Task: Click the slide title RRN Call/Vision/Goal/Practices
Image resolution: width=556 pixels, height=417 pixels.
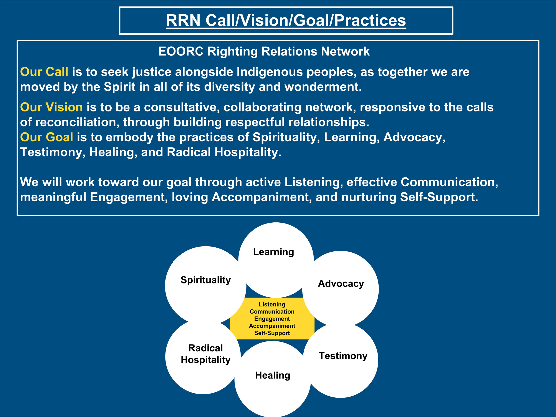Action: point(286,20)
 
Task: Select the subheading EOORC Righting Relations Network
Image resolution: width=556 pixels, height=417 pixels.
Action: point(264,51)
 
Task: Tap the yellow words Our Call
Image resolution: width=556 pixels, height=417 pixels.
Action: point(44,72)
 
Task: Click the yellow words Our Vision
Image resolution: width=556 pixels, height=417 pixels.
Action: point(51,107)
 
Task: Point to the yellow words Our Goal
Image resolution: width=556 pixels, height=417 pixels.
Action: point(46,137)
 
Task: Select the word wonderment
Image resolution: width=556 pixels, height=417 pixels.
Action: point(323,87)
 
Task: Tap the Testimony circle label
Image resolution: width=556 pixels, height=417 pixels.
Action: point(343,356)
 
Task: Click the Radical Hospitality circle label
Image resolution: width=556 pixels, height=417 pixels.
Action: point(206,354)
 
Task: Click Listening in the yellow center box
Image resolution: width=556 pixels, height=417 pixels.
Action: point(272,305)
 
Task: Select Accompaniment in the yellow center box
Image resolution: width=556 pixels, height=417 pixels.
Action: point(272,326)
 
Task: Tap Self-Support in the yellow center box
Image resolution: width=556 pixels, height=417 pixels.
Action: point(272,333)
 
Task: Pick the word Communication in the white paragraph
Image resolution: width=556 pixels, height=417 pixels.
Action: point(449,182)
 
